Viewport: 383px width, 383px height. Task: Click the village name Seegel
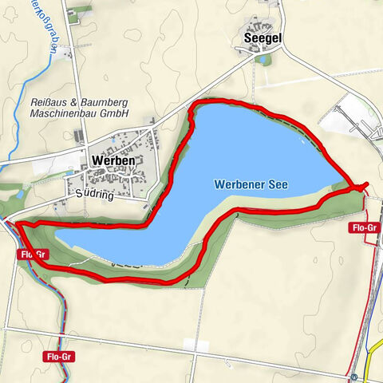point(261,38)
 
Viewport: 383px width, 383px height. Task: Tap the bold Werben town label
point(113,160)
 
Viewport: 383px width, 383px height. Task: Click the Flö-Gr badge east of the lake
point(363,228)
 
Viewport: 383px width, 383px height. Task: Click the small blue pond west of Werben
point(18,195)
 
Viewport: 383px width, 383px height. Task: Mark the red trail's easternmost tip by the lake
point(366,186)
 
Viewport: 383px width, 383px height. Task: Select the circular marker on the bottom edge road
point(353,377)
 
